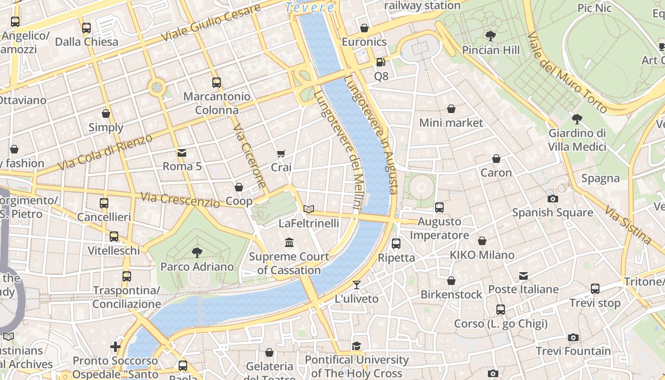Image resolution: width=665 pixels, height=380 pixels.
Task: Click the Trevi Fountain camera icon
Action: pos(573,337)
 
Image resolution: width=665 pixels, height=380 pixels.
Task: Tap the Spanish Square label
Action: pos(552,212)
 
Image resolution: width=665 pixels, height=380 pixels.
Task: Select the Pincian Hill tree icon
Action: pos(491,36)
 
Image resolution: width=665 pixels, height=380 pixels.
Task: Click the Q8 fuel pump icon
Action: pos(380,62)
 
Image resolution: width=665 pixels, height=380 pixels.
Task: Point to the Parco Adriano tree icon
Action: pos(197,252)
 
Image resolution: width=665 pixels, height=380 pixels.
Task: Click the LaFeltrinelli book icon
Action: pos(309,209)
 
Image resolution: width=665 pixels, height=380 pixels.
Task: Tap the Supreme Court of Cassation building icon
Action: pos(289,243)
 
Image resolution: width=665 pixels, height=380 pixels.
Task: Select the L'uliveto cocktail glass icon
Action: pos(357,285)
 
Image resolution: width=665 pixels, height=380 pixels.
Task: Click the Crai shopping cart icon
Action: pos(281,153)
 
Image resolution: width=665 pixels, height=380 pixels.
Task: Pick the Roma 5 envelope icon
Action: pos(182,152)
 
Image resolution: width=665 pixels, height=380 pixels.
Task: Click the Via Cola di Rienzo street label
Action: pos(105,152)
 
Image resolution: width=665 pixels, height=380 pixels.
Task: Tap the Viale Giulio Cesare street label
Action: pos(211,22)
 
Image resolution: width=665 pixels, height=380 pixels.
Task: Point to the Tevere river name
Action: pos(310,8)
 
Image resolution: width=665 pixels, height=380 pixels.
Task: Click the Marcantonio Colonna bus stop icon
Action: pos(217,82)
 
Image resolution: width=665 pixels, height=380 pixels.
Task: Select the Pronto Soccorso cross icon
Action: pos(115,346)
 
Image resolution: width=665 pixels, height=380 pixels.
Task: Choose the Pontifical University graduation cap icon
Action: pos(357,346)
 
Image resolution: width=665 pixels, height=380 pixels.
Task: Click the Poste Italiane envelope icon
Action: pos(523,275)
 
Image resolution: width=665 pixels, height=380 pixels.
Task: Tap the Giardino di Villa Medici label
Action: pos(577,140)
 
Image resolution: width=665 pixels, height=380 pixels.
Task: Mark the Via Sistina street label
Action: pos(627,224)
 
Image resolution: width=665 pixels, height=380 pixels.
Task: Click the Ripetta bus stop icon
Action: pos(396,244)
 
